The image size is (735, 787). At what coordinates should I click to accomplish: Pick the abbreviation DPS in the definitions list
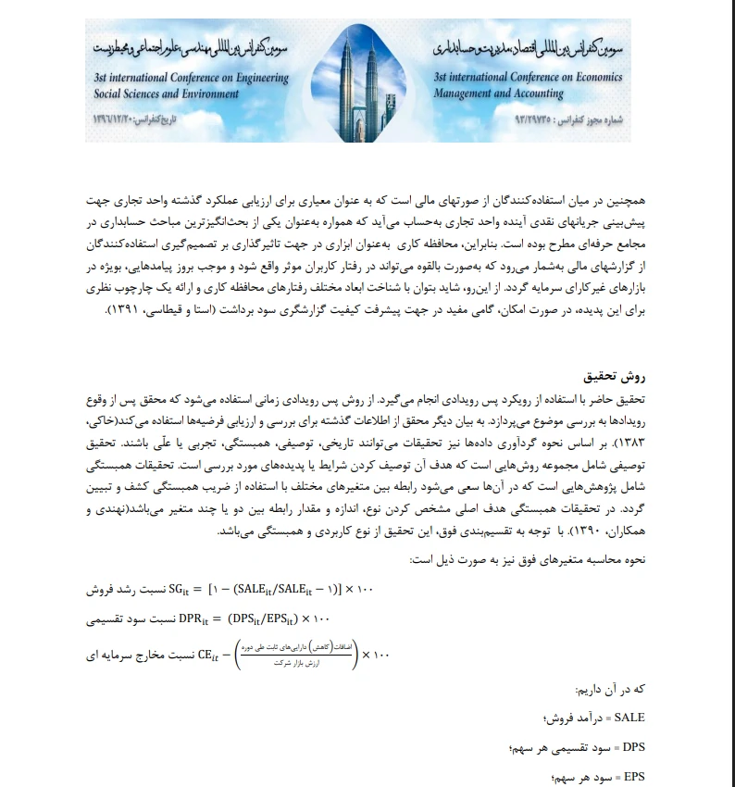(x=632, y=746)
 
